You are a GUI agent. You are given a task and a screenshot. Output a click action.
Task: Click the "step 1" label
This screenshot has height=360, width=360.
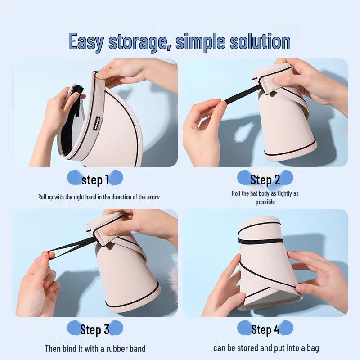tap(95, 180)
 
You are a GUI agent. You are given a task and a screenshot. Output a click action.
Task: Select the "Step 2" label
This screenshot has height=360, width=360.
tap(265, 180)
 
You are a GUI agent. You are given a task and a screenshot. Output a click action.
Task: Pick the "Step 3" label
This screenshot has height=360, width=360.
tap(94, 329)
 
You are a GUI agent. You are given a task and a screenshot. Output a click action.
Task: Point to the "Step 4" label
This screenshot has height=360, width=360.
tap(265, 329)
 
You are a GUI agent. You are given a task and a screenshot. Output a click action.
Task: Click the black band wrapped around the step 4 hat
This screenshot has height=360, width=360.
tap(261, 242)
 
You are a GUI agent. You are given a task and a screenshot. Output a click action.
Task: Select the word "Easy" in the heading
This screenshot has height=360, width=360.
tap(86, 42)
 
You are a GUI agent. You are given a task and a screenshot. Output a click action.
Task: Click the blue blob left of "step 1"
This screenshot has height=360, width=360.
tap(74, 178)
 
